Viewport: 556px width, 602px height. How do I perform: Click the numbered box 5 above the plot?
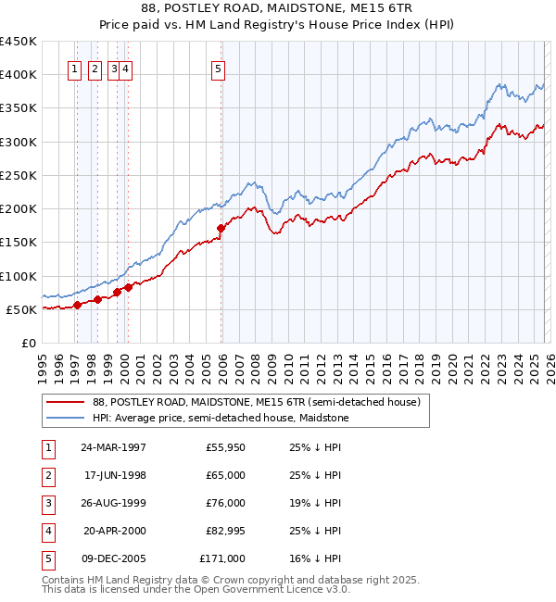pyautogui.click(x=218, y=68)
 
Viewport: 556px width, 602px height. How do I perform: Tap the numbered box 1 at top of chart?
pyautogui.click(x=74, y=68)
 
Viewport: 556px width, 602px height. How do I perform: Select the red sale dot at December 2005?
pyautogui.click(x=221, y=228)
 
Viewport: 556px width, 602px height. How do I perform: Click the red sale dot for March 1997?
pyautogui.click(x=78, y=306)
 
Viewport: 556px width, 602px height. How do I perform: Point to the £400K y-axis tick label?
pyautogui.click(x=18, y=75)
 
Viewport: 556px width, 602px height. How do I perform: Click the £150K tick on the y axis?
pyautogui.click(x=18, y=243)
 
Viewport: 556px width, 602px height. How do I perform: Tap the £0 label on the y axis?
pyautogui.click(x=29, y=344)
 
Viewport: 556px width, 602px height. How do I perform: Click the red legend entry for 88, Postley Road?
pyautogui.click(x=257, y=402)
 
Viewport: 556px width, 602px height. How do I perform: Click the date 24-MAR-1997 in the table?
pyautogui.click(x=113, y=447)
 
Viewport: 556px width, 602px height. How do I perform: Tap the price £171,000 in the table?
pyautogui.click(x=222, y=558)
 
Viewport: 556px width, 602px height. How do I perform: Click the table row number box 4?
pyautogui.click(x=45, y=531)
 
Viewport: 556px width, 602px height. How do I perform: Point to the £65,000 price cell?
pyautogui.click(x=225, y=475)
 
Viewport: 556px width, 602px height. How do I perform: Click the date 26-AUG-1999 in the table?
pyautogui.click(x=113, y=503)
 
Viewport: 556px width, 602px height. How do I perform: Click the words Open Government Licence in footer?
pyautogui.click(x=278, y=588)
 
